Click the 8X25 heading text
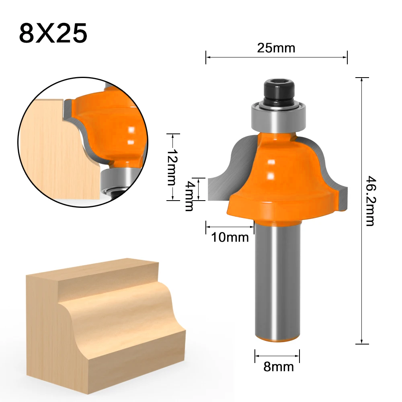[x=53, y=34]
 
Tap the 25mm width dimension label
[x=276, y=48]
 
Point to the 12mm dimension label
[x=172, y=167]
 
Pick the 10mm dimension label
[x=230, y=238]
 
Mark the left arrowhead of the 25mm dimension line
[x=207, y=57]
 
